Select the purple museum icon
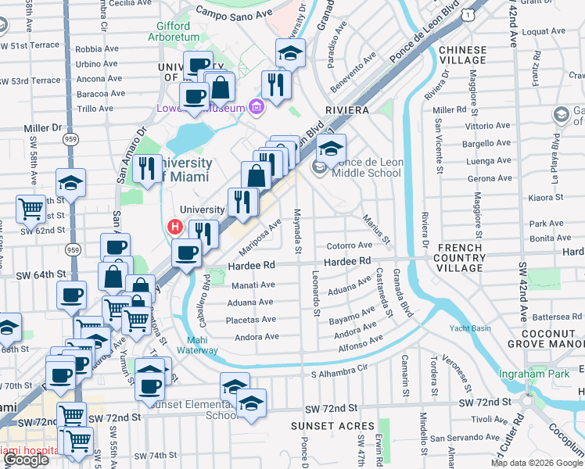coord(254,107)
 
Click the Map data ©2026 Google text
coord(537,463)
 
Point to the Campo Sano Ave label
coord(228,13)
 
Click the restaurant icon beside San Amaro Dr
coord(146,169)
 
